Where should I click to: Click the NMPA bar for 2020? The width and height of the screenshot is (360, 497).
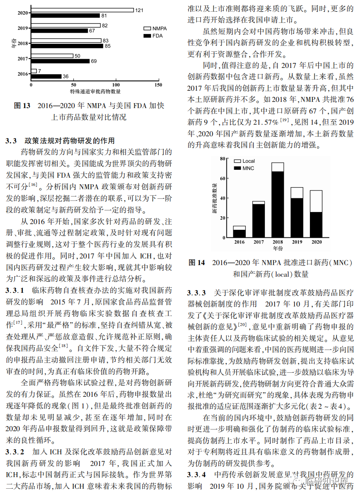82,10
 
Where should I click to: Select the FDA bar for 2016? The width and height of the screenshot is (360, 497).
46,76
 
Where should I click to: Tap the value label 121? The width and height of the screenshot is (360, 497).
139,10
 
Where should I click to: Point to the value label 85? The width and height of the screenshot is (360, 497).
107,46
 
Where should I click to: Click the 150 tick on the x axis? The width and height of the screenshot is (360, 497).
158,84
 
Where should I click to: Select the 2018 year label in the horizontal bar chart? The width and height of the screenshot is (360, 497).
23,43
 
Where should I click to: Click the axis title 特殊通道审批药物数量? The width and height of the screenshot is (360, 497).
95,91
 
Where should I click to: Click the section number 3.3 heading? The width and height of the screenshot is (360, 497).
11,141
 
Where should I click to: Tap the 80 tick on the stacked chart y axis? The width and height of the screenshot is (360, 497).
222,159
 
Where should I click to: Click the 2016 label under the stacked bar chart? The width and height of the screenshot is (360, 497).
239,242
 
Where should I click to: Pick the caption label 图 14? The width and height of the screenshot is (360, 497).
197,263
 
